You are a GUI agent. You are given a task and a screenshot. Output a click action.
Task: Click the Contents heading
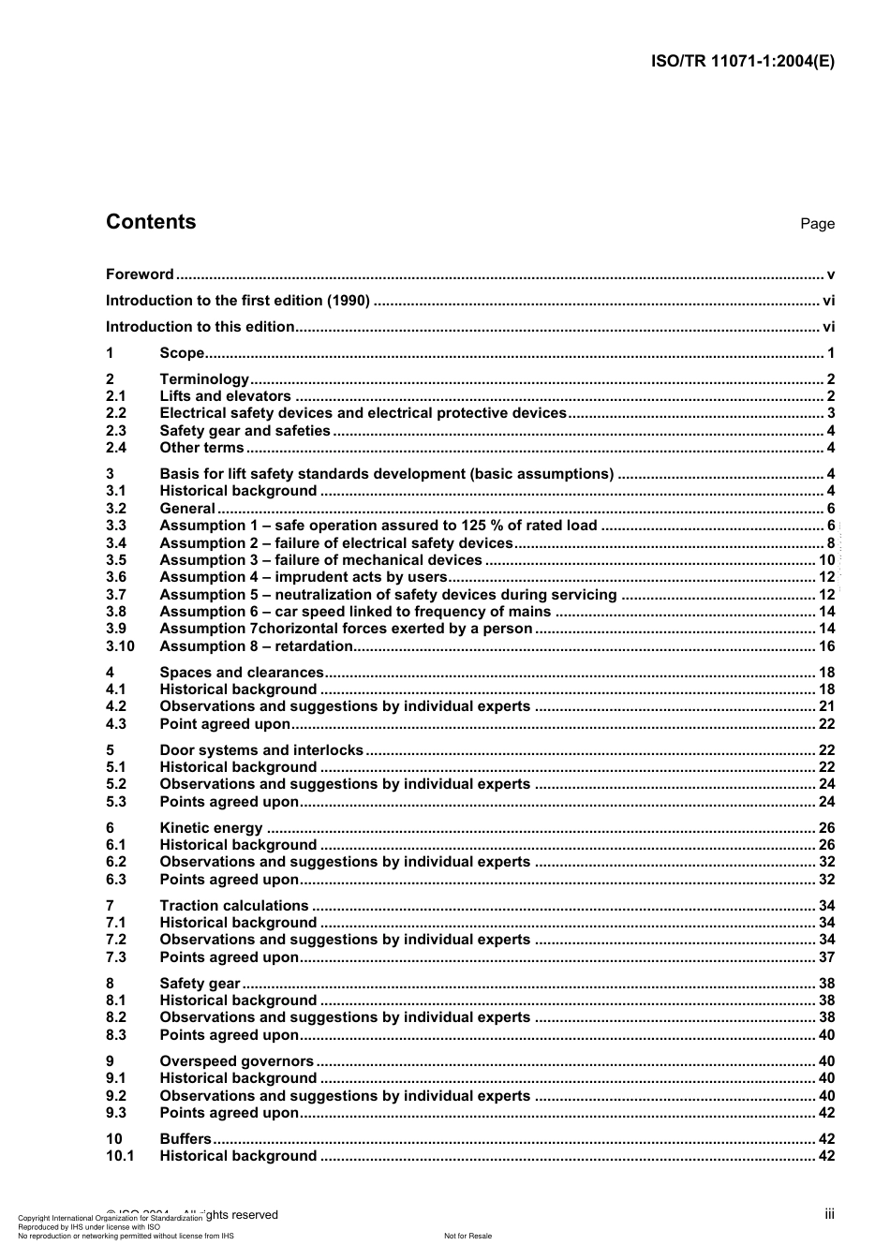click(151, 222)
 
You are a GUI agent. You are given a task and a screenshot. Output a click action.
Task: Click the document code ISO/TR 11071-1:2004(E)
click(742, 62)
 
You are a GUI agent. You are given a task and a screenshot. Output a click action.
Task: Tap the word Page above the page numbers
click(817, 224)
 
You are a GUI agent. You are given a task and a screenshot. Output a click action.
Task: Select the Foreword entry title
click(140, 274)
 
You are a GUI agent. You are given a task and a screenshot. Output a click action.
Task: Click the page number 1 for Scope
click(830, 353)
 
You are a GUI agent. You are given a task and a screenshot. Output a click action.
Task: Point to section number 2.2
click(116, 413)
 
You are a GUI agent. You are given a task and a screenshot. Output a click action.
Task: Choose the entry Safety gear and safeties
click(245, 431)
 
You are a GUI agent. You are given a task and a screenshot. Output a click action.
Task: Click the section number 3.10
click(120, 646)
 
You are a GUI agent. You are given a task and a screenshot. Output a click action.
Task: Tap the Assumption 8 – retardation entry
click(256, 646)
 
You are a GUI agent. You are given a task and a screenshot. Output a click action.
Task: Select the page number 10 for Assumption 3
click(826, 560)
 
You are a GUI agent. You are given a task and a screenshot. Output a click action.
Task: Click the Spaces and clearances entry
click(241, 673)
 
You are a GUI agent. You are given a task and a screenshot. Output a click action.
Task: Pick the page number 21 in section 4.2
click(826, 706)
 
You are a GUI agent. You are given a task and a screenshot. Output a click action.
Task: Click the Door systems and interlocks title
click(261, 750)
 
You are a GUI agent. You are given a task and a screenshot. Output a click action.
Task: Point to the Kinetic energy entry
click(211, 828)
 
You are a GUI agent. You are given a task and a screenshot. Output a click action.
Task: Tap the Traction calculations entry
click(233, 906)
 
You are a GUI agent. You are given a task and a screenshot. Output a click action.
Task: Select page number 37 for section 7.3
click(826, 957)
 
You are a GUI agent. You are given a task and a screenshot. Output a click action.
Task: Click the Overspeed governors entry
click(236, 1061)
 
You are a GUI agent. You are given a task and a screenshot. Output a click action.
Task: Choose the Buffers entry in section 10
click(185, 1139)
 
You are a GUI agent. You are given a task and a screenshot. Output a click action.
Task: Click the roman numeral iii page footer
click(829, 1214)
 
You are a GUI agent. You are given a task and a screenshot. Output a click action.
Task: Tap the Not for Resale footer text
click(467, 1236)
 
